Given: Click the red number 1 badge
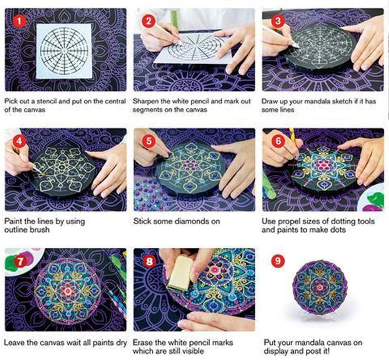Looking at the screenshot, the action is pyautogui.click(x=19, y=21).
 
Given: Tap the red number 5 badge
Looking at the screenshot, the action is pyautogui.click(x=149, y=141).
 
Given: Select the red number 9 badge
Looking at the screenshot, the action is pyautogui.click(x=278, y=260).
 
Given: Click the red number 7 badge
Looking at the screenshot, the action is pyautogui.click(x=20, y=261).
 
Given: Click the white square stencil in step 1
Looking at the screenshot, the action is pyautogui.click(x=64, y=51).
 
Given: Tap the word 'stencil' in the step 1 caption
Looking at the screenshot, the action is pyautogui.click(x=54, y=102).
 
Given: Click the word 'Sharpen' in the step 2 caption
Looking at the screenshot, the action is pyautogui.click(x=145, y=102).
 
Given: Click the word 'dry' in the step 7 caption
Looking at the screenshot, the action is pyautogui.click(x=121, y=343).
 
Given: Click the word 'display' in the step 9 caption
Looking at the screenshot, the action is pyautogui.click(x=276, y=351).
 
